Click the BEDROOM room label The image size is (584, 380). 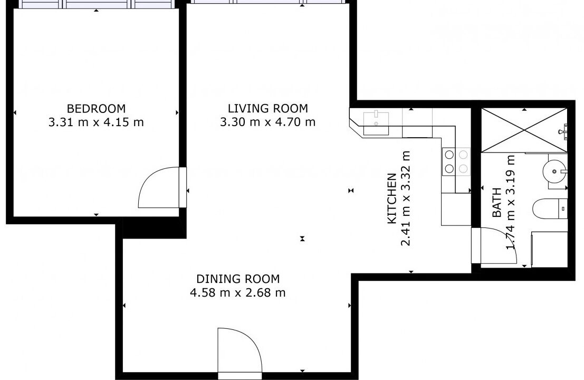coord(96,108)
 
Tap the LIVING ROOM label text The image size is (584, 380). coord(268,108)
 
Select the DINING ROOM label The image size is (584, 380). coord(238,279)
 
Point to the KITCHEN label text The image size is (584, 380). coord(392,198)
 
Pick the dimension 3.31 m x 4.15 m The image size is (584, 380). coord(96,122)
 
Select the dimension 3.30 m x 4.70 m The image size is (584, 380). coord(268,122)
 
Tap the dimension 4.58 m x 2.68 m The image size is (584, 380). coord(238,292)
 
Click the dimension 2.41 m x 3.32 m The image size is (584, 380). coord(406,198)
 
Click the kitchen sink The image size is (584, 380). coord(376,123)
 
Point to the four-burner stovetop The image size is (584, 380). coord(456,161)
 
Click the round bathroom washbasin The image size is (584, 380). coord(554,172)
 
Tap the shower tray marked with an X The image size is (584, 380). coord(524,130)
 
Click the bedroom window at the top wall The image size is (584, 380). coord(96,4)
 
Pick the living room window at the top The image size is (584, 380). coord(268,2)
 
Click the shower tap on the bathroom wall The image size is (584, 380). coord(564,131)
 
